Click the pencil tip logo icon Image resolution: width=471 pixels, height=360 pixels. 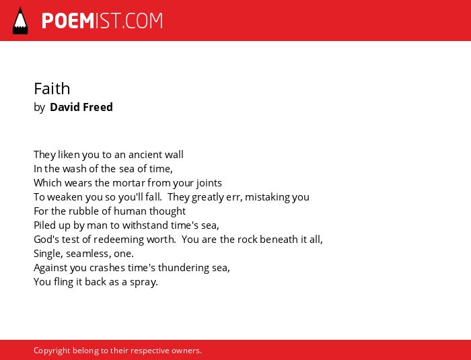20,21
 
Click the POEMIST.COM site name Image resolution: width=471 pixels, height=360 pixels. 102,21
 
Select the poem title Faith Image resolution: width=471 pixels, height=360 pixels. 52,89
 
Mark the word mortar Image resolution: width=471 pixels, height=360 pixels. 129,183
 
